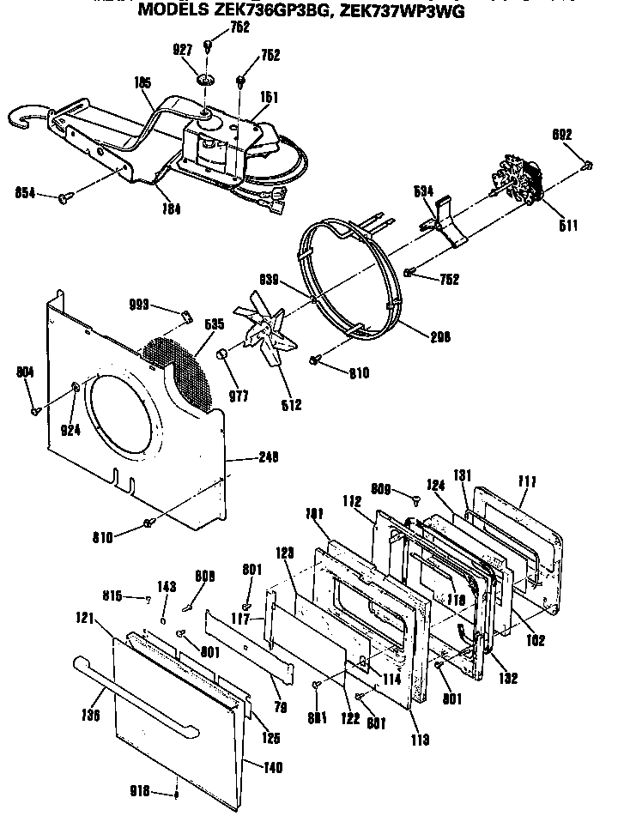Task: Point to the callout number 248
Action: (269, 457)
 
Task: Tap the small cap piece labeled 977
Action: (223, 354)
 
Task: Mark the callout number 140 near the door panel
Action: (272, 768)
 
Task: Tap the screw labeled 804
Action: (35, 411)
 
